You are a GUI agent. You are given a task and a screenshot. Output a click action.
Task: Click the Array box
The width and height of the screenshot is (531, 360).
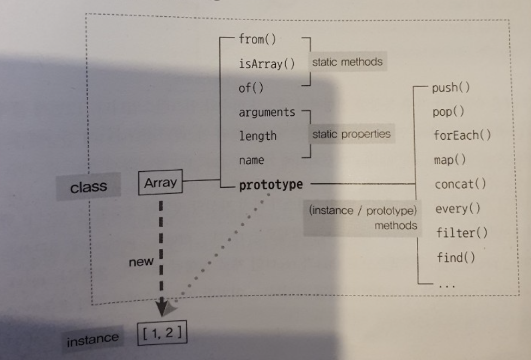160,183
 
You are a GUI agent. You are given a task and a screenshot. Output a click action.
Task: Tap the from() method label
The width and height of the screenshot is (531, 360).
257,40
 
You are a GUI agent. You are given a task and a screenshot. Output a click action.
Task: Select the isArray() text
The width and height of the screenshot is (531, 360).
267,64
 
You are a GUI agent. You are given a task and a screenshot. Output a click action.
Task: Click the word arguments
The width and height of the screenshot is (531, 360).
267,113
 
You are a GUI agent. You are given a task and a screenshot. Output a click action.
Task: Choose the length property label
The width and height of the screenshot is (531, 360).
258,136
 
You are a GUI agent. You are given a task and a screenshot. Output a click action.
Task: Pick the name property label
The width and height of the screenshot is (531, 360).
251,160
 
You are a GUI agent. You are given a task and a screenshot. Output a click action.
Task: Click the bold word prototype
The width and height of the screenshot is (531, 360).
271,184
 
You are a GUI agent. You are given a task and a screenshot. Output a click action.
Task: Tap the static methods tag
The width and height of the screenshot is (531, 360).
347,62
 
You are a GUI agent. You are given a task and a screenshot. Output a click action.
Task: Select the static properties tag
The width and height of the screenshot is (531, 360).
351,134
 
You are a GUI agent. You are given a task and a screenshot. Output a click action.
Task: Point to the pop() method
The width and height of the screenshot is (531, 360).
448,112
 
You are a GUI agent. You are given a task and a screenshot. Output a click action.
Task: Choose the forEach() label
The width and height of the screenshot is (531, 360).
462,135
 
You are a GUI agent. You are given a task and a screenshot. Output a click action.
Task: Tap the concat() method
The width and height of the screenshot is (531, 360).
460,184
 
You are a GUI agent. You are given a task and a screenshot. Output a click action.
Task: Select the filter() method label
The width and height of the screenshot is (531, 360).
462,233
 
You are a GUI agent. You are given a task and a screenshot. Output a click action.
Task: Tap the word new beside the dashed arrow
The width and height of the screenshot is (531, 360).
141,262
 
